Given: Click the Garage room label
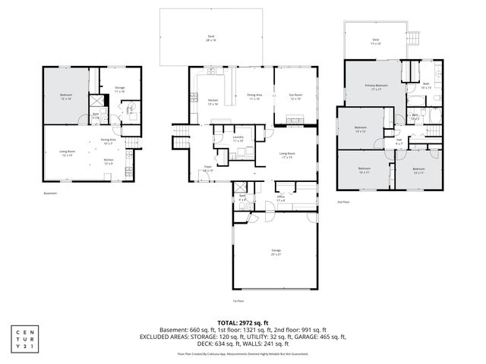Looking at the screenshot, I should (x=275, y=251).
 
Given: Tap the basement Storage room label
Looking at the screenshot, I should (x=118, y=89).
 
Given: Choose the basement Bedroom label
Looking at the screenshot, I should (x=65, y=97).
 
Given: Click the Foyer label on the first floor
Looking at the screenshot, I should (x=207, y=170).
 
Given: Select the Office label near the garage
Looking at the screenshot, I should (x=280, y=199).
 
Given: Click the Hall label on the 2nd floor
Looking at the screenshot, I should (x=398, y=140).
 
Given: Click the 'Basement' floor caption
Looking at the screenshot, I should (x=51, y=193).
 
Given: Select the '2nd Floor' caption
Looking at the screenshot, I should (x=345, y=202).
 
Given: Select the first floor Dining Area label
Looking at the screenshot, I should (x=254, y=97).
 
